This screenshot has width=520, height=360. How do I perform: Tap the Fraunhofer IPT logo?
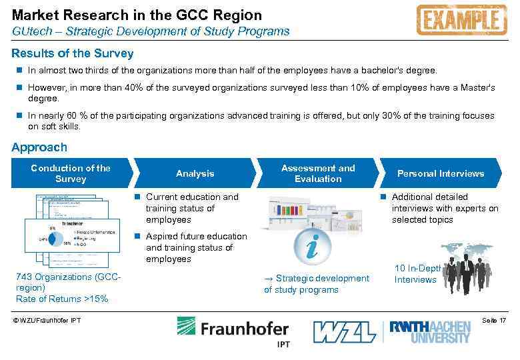click(233, 331)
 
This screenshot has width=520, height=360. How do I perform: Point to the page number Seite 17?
click(493, 321)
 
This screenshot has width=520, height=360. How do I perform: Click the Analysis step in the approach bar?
click(195, 173)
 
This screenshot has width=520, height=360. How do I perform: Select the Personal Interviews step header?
click(440, 173)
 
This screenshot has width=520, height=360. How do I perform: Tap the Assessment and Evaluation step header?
click(318, 173)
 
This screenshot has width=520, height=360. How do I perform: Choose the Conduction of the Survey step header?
click(71, 173)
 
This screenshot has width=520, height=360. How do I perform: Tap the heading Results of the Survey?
click(73, 53)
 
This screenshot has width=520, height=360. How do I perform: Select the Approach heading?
click(39, 147)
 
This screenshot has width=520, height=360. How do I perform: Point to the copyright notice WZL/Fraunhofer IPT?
click(47, 321)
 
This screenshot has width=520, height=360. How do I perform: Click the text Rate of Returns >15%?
click(61, 299)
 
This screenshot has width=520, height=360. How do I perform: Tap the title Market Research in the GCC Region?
click(137, 15)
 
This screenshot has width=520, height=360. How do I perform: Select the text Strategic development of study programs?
click(317, 284)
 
